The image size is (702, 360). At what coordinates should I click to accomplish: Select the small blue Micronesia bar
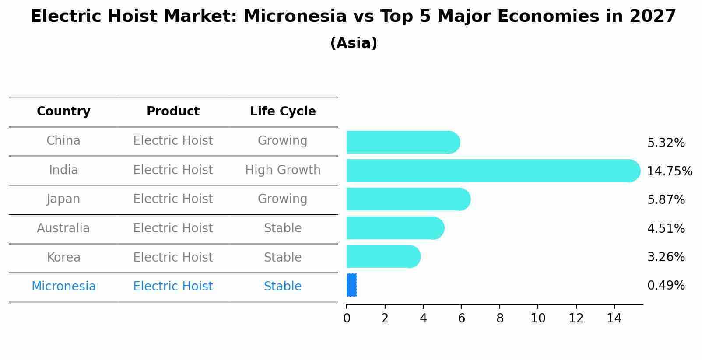coord(351,285)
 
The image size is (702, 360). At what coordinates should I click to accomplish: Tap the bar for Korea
coord(383,256)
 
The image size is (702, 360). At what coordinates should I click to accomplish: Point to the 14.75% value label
coord(670,171)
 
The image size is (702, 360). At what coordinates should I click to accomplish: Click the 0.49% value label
coord(666,286)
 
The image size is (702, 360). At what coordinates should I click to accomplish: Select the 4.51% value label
coord(666,228)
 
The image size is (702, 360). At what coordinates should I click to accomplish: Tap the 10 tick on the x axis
coord(538,318)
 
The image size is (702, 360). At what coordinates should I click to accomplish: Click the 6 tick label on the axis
coord(461,318)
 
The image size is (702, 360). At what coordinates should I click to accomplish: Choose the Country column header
coord(63,112)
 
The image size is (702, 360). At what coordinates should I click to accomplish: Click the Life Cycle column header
coord(283,112)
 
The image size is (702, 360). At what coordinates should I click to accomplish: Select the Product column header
coord(173,112)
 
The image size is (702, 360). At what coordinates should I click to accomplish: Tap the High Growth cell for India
coord(283,170)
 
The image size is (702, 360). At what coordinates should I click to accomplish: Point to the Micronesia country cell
coord(63,287)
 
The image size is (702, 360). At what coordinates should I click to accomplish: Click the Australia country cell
coord(63,228)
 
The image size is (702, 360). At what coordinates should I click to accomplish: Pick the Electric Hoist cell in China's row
coord(173,141)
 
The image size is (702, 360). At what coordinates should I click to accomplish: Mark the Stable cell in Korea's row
coord(283,257)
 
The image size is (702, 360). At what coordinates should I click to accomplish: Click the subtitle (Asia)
coord(354,43)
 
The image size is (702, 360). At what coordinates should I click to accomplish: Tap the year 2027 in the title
coord(653,17)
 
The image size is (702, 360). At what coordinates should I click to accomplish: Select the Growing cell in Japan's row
coord(283,199)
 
